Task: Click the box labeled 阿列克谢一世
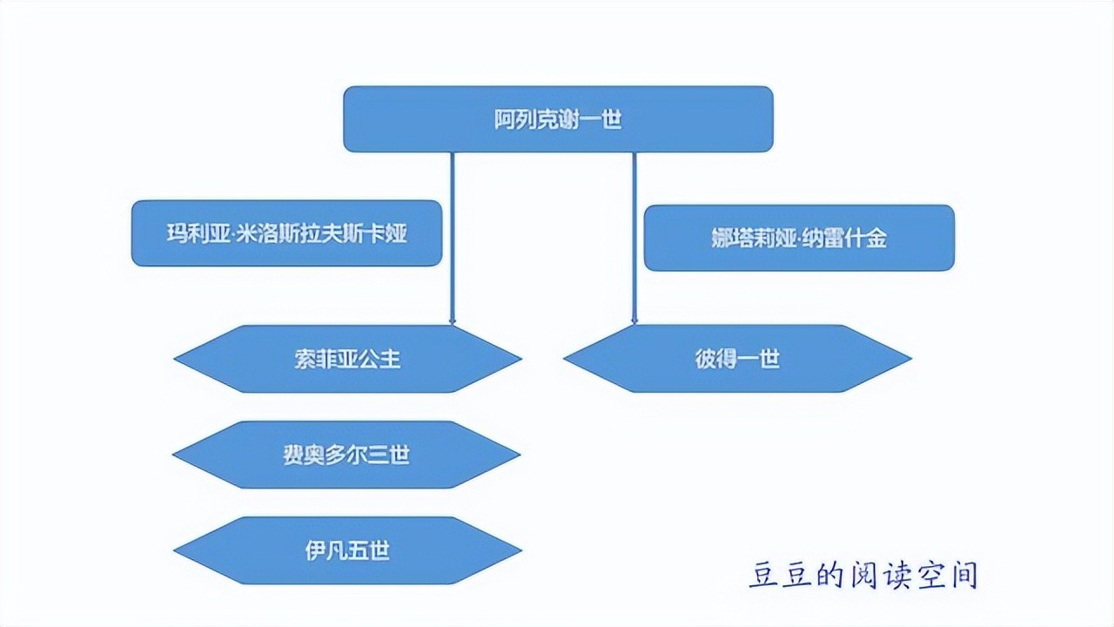pos(558,118)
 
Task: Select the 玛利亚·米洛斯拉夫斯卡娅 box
pos(286,233)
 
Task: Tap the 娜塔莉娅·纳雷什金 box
pos(798,238)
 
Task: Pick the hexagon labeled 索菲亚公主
pos(347,359)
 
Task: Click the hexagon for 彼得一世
pos(737,359)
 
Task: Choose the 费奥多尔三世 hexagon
pos(346,455)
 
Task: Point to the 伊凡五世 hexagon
pos(347,550)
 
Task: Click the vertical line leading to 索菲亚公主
pos(453,235)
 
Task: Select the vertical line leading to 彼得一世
pos(634,235)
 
